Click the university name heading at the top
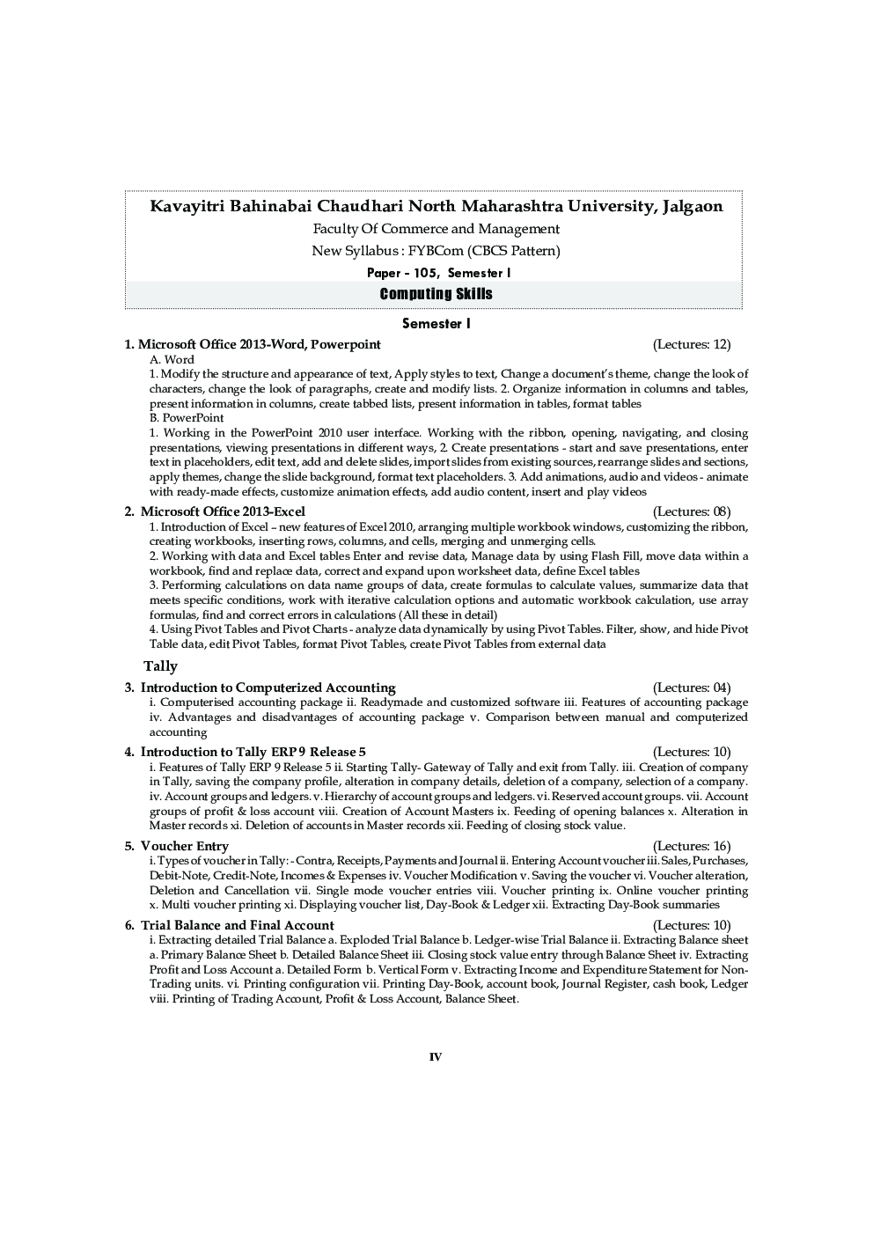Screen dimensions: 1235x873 pyautogui.click(x=436, y=207)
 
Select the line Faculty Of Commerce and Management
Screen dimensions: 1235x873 pyautogui.click(x=436, y=229)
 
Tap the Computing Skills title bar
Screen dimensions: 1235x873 pyautogui.click(x=436, y=294)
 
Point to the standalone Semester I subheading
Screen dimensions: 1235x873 pyautogui.click(x=436, y=324)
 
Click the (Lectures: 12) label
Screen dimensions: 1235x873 pyautogui.click(x=692, y=344)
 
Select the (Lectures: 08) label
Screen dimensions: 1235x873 pyautogui.click(x=692, y=511)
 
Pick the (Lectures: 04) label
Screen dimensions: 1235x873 pyautogui.click(x=692, y=687)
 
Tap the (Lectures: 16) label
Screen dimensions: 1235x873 pyautogui.click(x=692, y=846)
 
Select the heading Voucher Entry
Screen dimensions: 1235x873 pyautogui.click(x=184, y=846)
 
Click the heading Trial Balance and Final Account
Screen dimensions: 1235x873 pyautogui.click(x=237, y=925)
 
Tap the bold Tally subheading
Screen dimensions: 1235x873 pyautogui.click(x=160, y=666)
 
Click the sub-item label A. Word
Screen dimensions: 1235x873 pyautogui.click(x=172, y=359)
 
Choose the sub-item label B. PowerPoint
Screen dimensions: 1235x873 pyautogui.click(x=187, y=418)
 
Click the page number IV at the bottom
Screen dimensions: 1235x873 pyautogui.click(x=436, y=1056)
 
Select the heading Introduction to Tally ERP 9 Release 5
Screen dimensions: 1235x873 pyautogui.click(x=253, y=752)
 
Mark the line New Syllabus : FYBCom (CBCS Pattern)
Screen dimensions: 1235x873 pyautogui.click(x=436, y=251)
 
